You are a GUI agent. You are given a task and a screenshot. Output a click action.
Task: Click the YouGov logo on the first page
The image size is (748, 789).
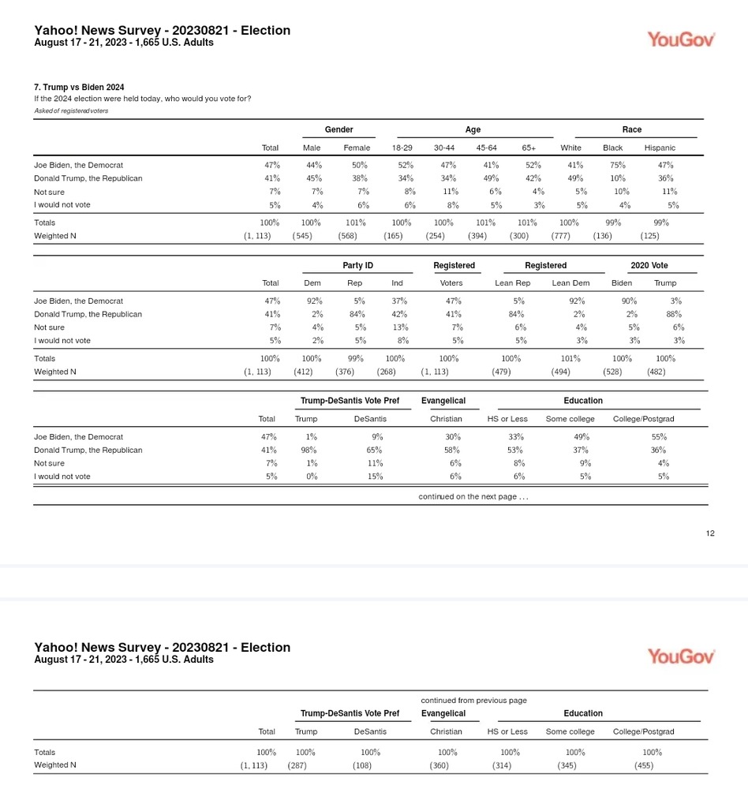pos(681,39)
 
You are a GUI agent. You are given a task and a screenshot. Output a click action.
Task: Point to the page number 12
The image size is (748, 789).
pos(710,533)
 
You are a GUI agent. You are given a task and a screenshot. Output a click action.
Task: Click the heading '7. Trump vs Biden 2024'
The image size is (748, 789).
pos(78,87)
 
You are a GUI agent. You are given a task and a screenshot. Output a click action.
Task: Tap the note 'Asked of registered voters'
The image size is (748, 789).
pos(71,110)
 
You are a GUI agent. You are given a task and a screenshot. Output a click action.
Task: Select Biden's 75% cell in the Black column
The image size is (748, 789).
pos(618,165)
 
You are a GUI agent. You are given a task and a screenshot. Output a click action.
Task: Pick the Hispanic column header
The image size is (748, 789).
pos(660,148)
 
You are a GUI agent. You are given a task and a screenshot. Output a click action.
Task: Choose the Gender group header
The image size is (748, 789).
pos(338,129)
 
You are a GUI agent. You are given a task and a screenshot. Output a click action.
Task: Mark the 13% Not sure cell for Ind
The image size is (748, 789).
pos(400,327)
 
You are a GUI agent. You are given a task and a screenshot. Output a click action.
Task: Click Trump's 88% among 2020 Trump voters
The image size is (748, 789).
pos(675,314)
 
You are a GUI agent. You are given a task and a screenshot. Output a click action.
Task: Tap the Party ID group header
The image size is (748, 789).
pos(357,266)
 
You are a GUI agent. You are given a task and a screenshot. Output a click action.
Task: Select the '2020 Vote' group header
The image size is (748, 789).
pos(649,266)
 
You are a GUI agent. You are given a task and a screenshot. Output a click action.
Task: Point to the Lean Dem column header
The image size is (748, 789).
pos(570,283)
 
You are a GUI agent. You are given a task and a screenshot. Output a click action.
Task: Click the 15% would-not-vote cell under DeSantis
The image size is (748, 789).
pos(376,477)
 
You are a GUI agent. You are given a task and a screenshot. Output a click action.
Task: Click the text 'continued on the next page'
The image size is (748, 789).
pos(473,496)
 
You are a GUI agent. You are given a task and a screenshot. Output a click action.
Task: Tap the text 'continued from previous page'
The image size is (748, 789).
pos(473,700)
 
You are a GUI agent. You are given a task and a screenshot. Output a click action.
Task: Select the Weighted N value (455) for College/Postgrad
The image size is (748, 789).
pos(643,765)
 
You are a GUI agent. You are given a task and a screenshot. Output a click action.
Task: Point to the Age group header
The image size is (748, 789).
pos(473,129)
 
